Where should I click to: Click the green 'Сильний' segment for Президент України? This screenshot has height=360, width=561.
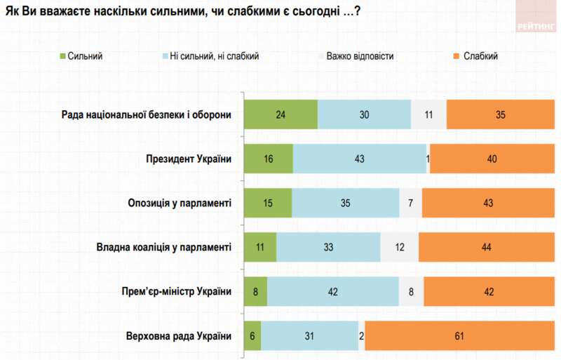(x=269, y=159)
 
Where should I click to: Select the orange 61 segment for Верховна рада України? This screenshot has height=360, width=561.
(x=459, y=336)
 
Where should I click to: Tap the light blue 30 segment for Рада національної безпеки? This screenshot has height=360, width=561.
(x=364, y=114)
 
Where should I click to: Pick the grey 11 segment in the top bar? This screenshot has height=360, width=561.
(x=428, y=114)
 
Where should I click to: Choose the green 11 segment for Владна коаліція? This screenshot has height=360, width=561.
(x=260, y=247)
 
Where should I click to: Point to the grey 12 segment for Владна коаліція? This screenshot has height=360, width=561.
(x=399, y=247)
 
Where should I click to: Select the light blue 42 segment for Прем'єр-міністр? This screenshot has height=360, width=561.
(x=333, y=292)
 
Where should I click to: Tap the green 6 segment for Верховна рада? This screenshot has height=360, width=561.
(x=252, y=336)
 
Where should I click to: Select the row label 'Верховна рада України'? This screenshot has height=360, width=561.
(x=177, y=336)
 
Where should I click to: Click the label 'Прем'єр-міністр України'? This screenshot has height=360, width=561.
(x=173, y=292)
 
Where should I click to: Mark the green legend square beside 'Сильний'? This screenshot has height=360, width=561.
(x=62, y=57)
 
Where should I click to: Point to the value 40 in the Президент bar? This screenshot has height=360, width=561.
(x=492, y=159)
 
